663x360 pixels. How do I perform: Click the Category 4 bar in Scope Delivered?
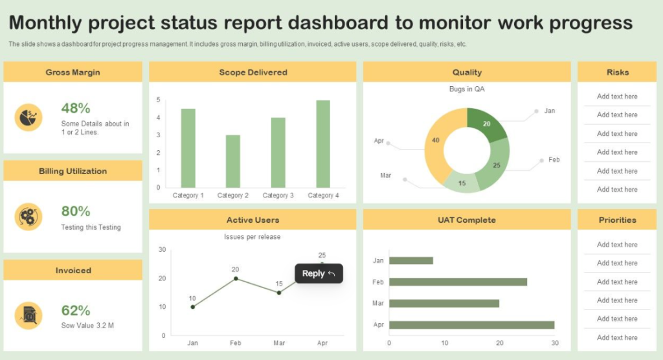[323, 144]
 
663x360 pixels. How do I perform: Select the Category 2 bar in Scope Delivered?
[233, 161]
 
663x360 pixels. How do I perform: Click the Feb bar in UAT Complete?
[458, 282]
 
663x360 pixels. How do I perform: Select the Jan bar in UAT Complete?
[411, 260]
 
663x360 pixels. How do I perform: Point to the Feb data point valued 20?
[236, 278]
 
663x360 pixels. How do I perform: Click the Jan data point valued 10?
[193, 307]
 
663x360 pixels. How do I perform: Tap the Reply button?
[319, 274]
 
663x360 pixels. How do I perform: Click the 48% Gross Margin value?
[76, 108]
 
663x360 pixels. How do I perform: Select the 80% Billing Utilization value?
[76, 211]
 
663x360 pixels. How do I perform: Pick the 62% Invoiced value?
[76, 311]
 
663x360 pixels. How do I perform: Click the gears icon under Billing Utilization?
[28, 217]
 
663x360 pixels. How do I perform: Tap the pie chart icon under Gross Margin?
[28, 117]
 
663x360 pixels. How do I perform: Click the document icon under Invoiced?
[28, 315]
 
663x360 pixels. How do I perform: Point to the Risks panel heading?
[617, 73]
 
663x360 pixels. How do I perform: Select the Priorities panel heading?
[617, 220]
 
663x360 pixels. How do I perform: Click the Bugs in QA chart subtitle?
[467, 89]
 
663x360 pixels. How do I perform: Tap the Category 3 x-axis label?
[278, 196]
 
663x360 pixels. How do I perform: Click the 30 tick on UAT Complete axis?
[555, 343]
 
